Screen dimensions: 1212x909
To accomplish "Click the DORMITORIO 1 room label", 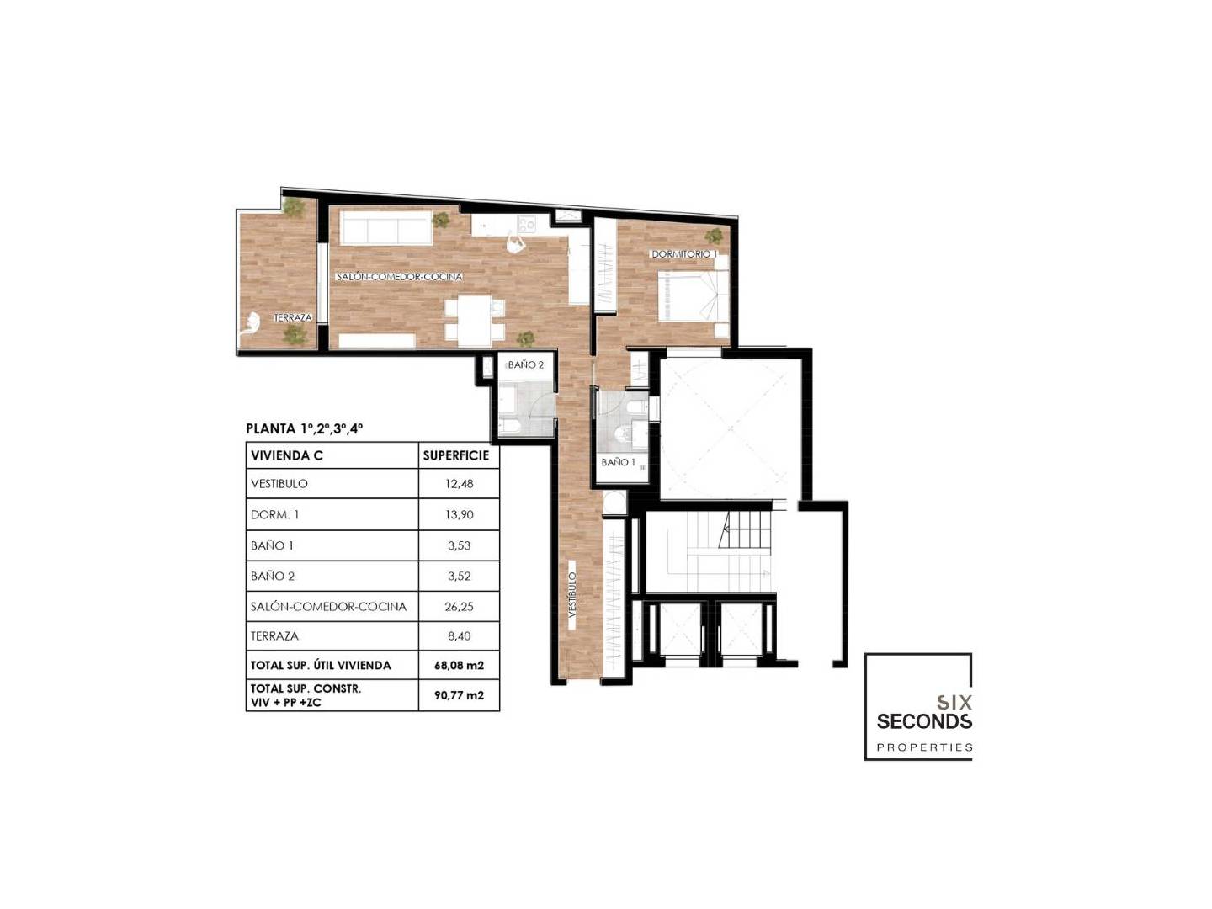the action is [x=683, y=254].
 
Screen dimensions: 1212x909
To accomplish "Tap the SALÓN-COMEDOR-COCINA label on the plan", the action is [x=399, y=277].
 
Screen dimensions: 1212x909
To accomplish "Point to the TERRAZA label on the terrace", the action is [x=293, y=318].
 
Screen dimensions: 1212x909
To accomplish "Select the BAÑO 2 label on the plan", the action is [x=526, y=364].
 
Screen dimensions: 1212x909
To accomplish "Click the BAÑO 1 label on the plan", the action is [x=618, y=462].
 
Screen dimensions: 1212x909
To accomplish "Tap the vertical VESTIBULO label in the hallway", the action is [x=572, y=594].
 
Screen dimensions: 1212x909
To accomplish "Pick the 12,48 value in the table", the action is [x=459, y=484].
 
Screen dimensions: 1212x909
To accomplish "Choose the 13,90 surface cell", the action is [x=459, y=515].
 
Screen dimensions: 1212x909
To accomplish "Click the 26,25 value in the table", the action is [x=459, y=607].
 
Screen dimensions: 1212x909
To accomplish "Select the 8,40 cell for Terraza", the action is [x=459, y=635].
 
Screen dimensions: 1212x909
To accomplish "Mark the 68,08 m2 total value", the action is [x=459, y=666].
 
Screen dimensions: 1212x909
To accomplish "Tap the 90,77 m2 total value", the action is [x=459, y=695].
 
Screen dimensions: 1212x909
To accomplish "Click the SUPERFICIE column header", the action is [x=456, y=455].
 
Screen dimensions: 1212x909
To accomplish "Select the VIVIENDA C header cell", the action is [x=286, y=456].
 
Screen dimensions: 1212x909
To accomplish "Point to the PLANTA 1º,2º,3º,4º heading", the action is [x=304, y=428].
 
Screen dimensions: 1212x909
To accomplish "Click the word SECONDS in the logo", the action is [x=924, y=720].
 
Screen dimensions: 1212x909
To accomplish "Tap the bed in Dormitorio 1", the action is [x=693, y=295].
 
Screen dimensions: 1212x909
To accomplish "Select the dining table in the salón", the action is [x=475, y=321].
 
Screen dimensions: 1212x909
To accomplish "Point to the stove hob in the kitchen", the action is [x=526, y=224].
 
